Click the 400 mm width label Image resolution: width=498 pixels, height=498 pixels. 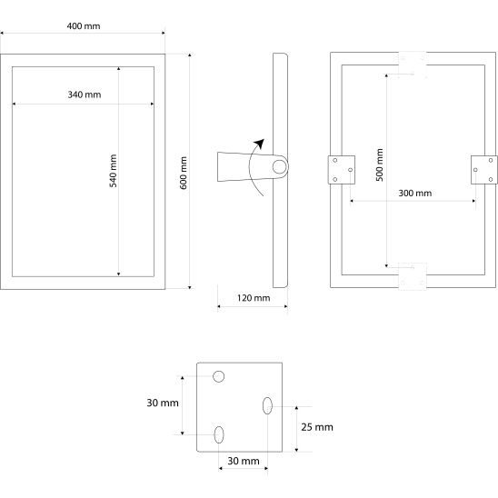pos(84,26)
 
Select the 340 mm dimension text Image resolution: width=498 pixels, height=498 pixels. pos(85,95)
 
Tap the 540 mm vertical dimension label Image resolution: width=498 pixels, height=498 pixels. pos(114,171)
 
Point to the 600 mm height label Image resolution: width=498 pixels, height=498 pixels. pos(184,173)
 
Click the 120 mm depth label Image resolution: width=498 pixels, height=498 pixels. pos(254,298)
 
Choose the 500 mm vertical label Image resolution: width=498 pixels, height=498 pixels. pos(380,164)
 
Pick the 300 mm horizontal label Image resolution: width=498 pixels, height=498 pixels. pos(415,193)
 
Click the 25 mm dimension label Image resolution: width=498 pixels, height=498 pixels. pos(317,427)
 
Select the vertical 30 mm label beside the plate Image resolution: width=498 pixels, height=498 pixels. pos(163,403)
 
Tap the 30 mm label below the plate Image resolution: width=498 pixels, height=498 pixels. pos(244,461)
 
